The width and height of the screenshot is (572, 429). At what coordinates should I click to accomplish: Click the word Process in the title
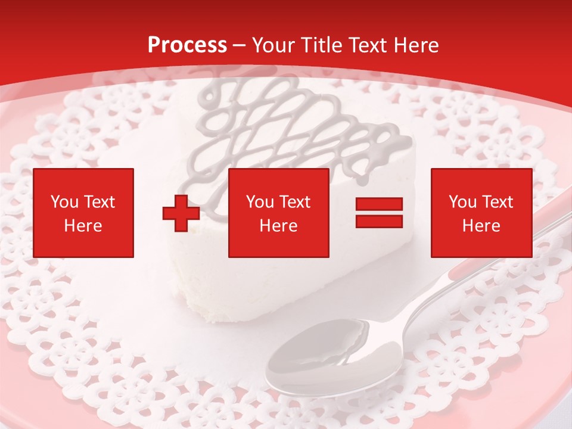tap(187, 45)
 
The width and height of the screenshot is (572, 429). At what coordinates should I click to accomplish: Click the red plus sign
tap(181, 213)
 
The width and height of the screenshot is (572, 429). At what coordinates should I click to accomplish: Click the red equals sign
tap(379, 213)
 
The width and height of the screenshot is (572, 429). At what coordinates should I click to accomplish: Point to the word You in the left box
tap(64, 202)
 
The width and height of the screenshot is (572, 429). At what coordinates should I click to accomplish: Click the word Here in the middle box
tap(278, 226)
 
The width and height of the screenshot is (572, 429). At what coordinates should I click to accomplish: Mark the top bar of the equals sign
tap(379, 205)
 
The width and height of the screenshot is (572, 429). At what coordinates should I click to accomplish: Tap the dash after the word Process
tap(240, 45)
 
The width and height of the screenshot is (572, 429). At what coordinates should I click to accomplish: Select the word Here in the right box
tap(481, 226)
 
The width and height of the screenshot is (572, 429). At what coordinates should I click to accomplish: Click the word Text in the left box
tap(100, 202)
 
